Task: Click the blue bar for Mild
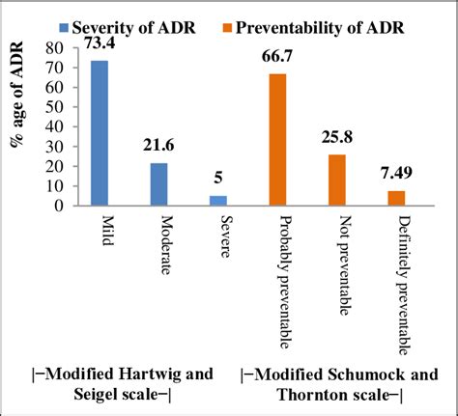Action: (99, 133)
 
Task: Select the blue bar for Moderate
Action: (158, 184)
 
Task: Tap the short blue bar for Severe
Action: (217, 200)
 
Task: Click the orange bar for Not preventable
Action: (336, 180)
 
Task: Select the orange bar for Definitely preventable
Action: (396, 198)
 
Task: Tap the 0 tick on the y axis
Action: (62, 205)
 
